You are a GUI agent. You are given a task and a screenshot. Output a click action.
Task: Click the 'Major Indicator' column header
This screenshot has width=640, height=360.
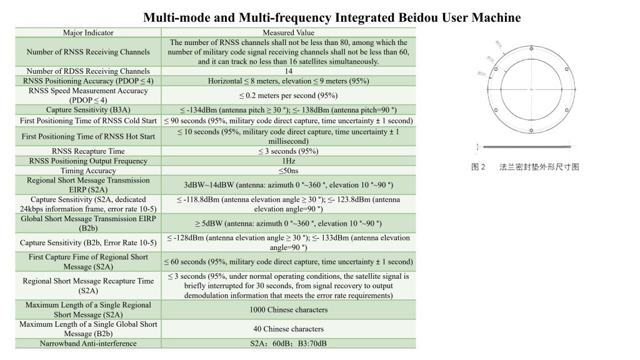click(x=88, y=32)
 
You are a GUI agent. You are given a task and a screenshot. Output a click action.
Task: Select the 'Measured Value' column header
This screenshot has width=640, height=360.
click(x=288, y=32)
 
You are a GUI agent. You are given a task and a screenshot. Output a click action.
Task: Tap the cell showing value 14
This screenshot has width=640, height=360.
click(x=288, y=71)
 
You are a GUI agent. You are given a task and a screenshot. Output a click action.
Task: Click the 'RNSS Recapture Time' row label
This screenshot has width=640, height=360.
click(x=88, y=151)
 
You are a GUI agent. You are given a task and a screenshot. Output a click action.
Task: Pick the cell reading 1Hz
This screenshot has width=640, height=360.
click(x=288, y=161)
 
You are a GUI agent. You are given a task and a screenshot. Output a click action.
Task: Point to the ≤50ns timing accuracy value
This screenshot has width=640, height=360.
click(x=288, y=171)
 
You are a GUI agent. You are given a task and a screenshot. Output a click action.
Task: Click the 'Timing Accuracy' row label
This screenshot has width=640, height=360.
click(x=88, y=171)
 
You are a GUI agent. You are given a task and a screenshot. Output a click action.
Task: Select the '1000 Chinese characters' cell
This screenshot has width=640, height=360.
click(x=288, y=309)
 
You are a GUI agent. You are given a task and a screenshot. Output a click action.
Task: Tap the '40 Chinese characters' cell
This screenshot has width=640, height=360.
click(x=288, y=329)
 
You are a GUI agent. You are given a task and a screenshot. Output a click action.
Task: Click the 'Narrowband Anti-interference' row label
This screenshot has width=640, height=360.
click(x=88, y=343)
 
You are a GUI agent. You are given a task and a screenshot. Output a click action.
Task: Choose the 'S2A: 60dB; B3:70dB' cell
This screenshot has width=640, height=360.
click(x=288, y=343)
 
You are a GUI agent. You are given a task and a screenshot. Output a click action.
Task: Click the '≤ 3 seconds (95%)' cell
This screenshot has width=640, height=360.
click(x=288, y=151)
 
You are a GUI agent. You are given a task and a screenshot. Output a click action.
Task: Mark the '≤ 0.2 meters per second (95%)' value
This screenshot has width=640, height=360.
click(x=288, y=95)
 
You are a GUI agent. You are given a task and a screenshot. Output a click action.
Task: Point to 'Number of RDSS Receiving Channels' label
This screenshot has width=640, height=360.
click(x=88, y=71)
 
